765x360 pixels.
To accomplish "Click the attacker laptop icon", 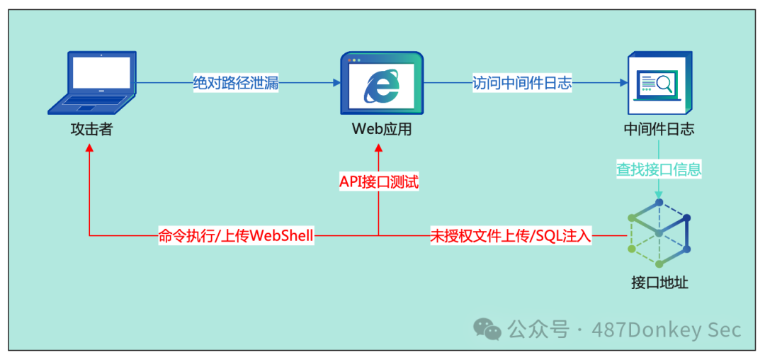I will click(x=92, y=82).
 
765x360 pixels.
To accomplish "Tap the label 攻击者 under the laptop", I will click(x=91, y=130).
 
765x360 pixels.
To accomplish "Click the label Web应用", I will click(x=382, y=130).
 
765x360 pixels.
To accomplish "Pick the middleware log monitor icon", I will click(x=659, y=84).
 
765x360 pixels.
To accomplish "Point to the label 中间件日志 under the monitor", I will click(x=659, y=130).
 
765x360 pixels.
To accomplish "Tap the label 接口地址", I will click(x=659, y=283).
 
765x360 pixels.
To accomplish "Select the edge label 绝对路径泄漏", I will click(x=236, y=83).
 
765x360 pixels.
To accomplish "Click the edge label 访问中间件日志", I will click(x=523, y=83).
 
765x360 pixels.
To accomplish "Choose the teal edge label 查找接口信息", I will click(x=659, y=169).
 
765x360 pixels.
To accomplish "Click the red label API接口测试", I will click(x=379, y=182).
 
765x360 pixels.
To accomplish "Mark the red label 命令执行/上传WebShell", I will click(x=236, y=236).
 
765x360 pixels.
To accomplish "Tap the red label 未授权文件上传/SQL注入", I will click(x=511, y=236).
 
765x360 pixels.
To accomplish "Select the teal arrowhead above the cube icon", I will click(x=659, y=194).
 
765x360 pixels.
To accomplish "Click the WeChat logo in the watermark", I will click(x=487, y=328).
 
